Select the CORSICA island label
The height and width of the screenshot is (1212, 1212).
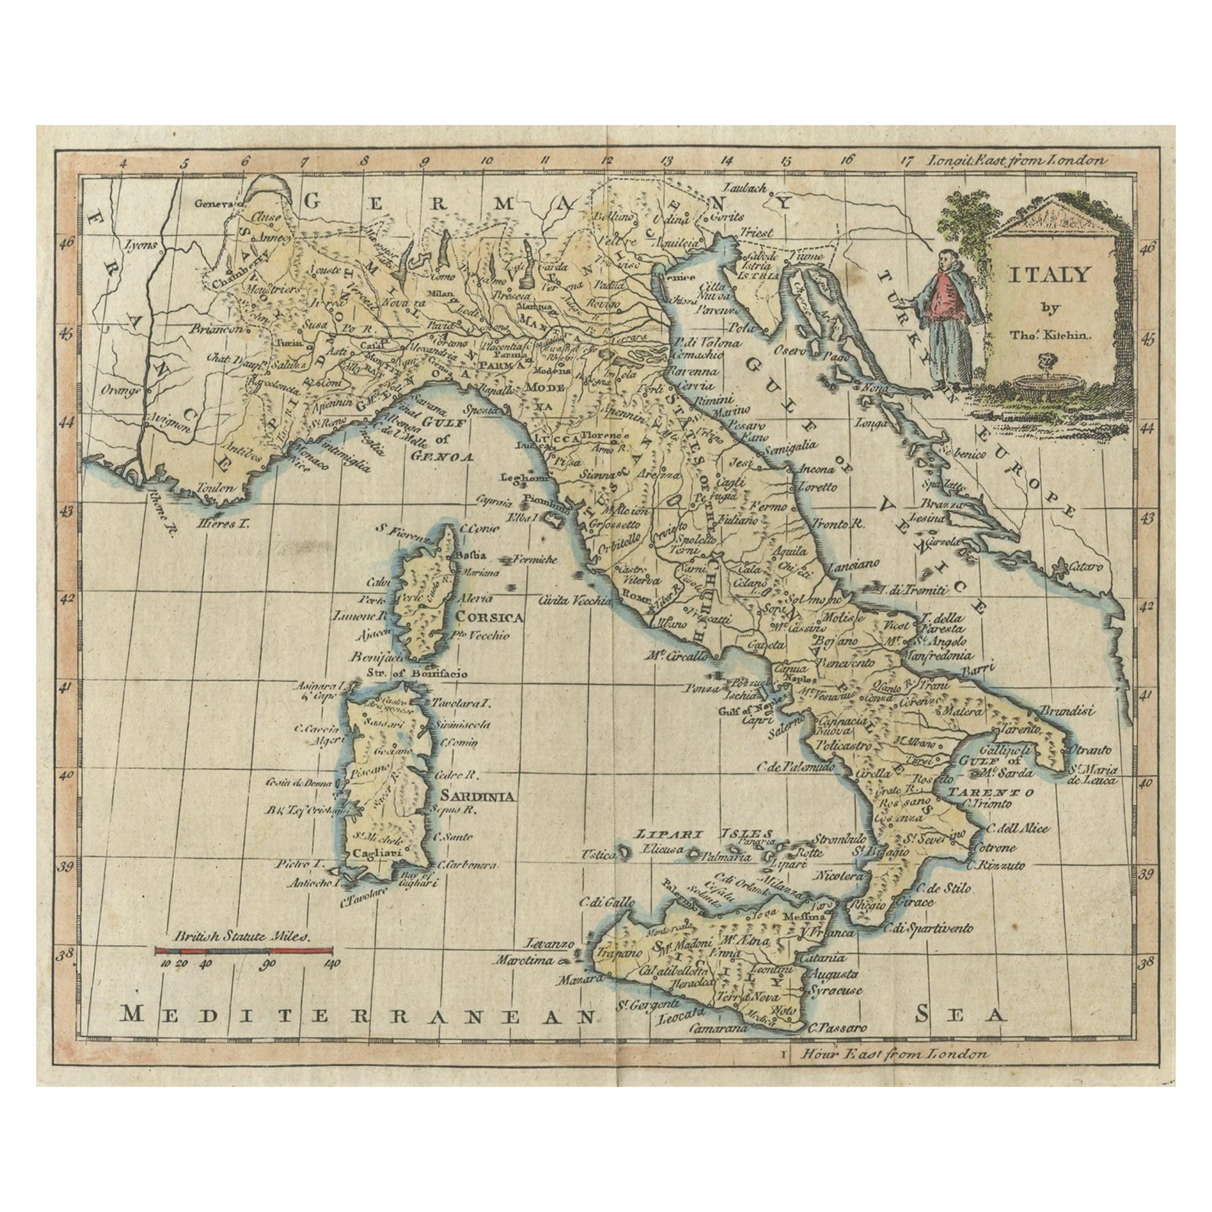(490, 617)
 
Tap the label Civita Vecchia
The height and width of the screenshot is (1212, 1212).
(574, 600)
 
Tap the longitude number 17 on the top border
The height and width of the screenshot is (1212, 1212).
(906, 161)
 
